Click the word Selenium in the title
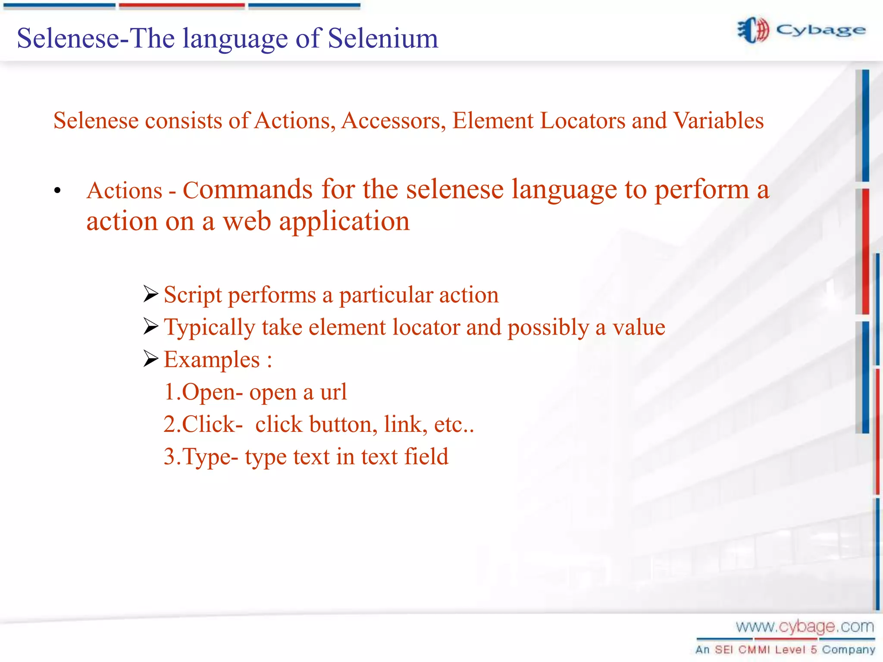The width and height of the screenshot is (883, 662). tap(383, 38)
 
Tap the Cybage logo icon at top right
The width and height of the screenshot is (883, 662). tap(753, 30)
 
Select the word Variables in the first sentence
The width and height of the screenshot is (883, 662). tap(718, 120)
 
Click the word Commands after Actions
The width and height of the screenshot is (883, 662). tap(247, 190)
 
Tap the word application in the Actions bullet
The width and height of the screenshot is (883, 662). tap(344, 222)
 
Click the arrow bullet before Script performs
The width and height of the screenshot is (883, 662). tap(151, 294)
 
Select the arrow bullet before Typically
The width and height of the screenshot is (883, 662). tap(151, 326)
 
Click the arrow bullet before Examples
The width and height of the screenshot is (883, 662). tap(151, 359)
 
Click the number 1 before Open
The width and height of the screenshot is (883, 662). tap(169, 392)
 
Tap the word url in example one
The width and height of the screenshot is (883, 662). tap(333, 392)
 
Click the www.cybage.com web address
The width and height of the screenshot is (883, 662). tap(805, 626)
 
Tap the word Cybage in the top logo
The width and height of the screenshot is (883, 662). tap(820, 31)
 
